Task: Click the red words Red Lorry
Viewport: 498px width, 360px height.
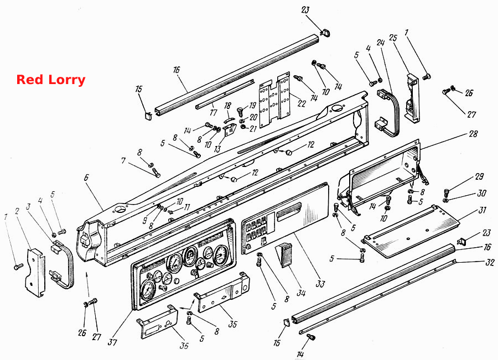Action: (x=51, y=80)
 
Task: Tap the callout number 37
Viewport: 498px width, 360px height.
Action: (x=112, y=342)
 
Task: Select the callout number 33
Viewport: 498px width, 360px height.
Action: (x=320, y=283)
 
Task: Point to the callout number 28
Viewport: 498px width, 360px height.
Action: (x=473, y=134)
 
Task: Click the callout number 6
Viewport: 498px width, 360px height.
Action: (x=86, y=178)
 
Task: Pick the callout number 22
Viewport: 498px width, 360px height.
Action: (x=301, y=103)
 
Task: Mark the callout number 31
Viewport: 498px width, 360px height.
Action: (x=482, y=210)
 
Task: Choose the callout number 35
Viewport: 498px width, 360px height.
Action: (x=233, y=324)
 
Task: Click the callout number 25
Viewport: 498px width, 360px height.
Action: (x=393, y=38)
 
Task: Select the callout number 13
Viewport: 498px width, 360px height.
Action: (x=217, y=149)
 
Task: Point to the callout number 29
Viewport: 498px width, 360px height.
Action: (x=479, y=176)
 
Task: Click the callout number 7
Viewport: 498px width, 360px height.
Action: (x=123, y=160)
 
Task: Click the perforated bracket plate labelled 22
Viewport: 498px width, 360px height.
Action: (x=274, y=100)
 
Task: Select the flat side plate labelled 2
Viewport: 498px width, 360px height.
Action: (x=35, y=273)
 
